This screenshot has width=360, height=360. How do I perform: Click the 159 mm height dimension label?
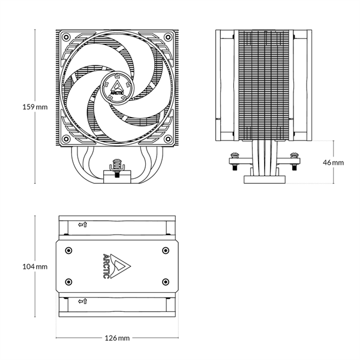[34, 107]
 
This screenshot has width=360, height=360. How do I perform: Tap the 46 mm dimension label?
[334, 162]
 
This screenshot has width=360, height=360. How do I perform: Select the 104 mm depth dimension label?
[34, 266]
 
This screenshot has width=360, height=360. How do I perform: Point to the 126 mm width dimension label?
[117, 338]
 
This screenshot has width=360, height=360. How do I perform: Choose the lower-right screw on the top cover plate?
[165, 281]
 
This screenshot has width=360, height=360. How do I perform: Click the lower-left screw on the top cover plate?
[68, 281]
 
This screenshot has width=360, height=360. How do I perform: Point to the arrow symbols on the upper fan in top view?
[83, 225]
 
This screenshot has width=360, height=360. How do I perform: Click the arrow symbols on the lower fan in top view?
[83, 301]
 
